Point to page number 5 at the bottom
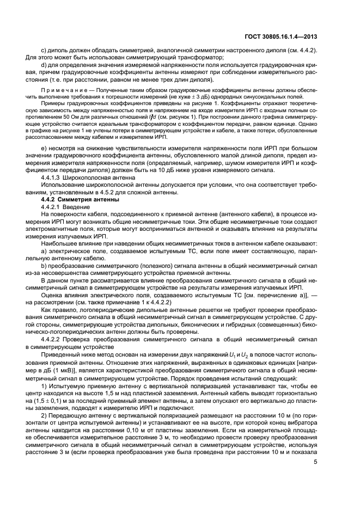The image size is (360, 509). pos(316,478)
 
